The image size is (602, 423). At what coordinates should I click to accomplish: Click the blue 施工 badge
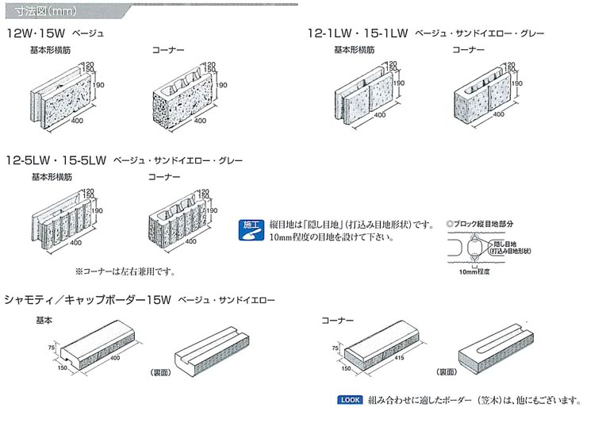[x=248, y=225]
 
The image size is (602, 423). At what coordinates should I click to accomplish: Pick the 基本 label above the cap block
[x=44, y=320]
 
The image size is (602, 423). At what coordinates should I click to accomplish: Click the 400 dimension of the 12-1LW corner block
[x=497, y=115]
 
